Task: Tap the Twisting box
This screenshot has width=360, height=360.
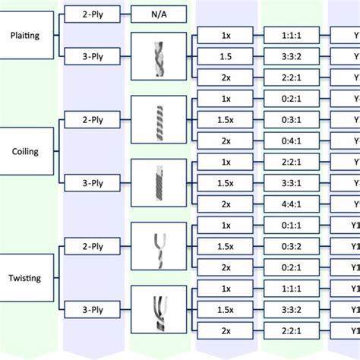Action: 27,278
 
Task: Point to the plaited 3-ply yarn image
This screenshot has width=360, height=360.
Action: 157,55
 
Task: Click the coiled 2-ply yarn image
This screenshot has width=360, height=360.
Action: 157,119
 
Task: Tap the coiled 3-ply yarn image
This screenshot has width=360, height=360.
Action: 157,183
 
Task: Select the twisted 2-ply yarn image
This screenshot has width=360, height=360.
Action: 157,246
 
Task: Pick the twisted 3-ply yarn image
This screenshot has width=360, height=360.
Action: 157,309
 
